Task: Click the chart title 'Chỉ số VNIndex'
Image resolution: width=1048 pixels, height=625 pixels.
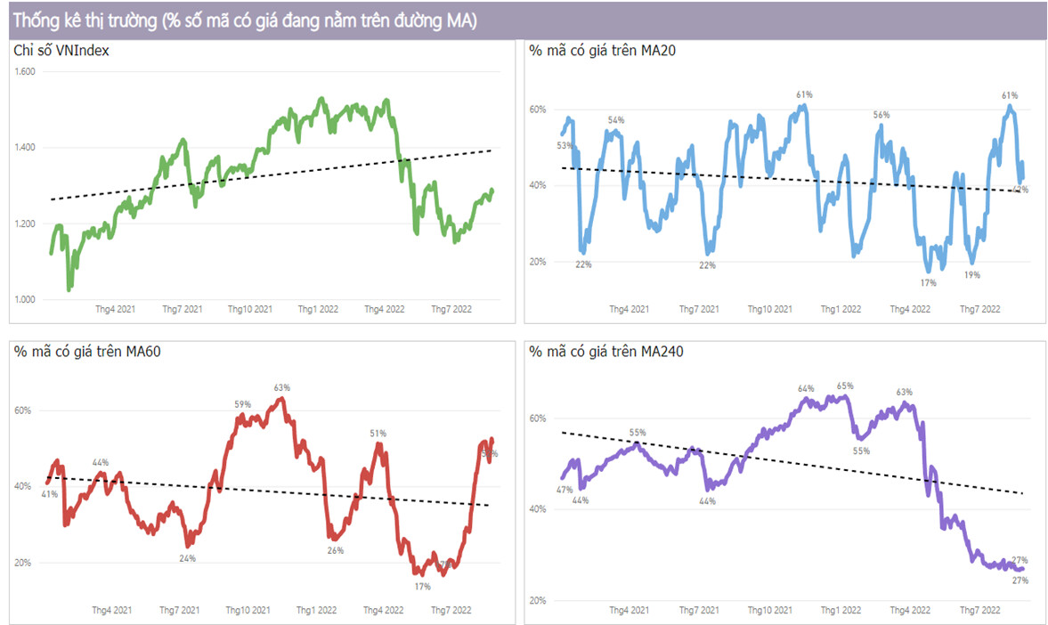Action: pyautogui.click(x=61, y=51)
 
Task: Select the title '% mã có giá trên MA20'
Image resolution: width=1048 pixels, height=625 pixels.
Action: pyautogui.click(x=602, y=51)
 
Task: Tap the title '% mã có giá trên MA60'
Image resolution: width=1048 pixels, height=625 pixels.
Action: pyautogui.click(x=87, y=351)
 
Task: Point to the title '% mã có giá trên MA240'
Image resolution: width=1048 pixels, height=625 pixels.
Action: pyautogui.click(x=606, y=351)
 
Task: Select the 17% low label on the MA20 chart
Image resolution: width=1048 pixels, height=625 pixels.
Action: pyautogui.click(x=929, y=282)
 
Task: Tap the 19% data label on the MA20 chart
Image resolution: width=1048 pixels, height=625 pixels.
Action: pyautogui.click(x=971, y=275)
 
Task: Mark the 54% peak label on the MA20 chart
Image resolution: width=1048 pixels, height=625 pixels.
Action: pyautogui.click(x=616, y=119)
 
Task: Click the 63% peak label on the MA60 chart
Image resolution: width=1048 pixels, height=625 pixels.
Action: pyautogui.click(x=282, y=387)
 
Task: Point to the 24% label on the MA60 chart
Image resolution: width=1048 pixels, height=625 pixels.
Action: pyautogui.click(x=187, y=558)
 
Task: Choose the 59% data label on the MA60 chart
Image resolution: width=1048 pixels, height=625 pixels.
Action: pyautogui.click(x=242, y=404)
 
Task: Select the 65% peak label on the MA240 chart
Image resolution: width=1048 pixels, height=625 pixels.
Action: pyautogui.click(x=845, y=386)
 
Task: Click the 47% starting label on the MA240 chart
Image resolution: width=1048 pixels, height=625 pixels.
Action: pyautogui.click(x=564, y=491)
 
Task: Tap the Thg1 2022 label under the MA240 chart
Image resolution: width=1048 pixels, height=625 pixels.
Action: pyautogui.click(x=841, y=611)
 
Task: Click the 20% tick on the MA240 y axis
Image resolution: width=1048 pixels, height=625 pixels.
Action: pyautogui.click(x=538, y=600)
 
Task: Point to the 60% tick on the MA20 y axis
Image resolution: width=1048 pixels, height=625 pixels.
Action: pyautogui.click(x=538, y=110)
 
